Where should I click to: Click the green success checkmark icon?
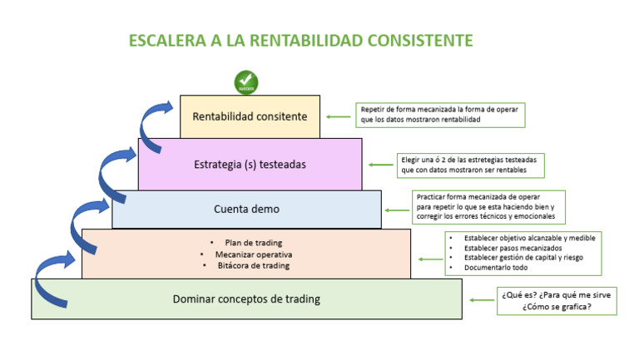pyautogui.click(x=246, y=83)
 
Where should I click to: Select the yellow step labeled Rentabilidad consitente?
pyautogui.click(x=250, y=116)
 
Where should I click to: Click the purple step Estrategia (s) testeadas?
pyautogui.click(x=250, y=164)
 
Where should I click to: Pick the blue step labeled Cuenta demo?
pyautogui.click(x=246, y=210)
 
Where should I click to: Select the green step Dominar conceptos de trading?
pyautogui.click(x=246, y=298)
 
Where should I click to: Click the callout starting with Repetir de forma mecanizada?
pyautogui.click(x=441, y=115)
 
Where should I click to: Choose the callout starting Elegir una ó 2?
pyautogui.click(x=472, y=165)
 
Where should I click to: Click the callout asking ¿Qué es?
pyautogui.click(x=557, y=300)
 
